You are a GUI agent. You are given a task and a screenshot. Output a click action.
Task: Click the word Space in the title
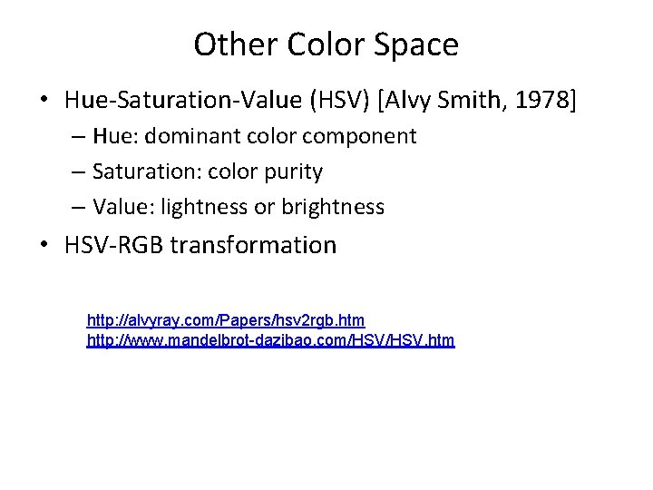click(418, 44)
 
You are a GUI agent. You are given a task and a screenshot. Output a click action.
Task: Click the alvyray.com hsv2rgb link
click(225, 320)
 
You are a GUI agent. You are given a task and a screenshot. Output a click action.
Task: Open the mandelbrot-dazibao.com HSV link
click(270, 341)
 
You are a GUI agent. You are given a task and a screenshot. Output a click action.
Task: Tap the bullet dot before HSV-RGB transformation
click(44, 246)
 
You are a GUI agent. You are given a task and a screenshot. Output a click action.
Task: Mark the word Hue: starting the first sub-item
click(112, 137)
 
